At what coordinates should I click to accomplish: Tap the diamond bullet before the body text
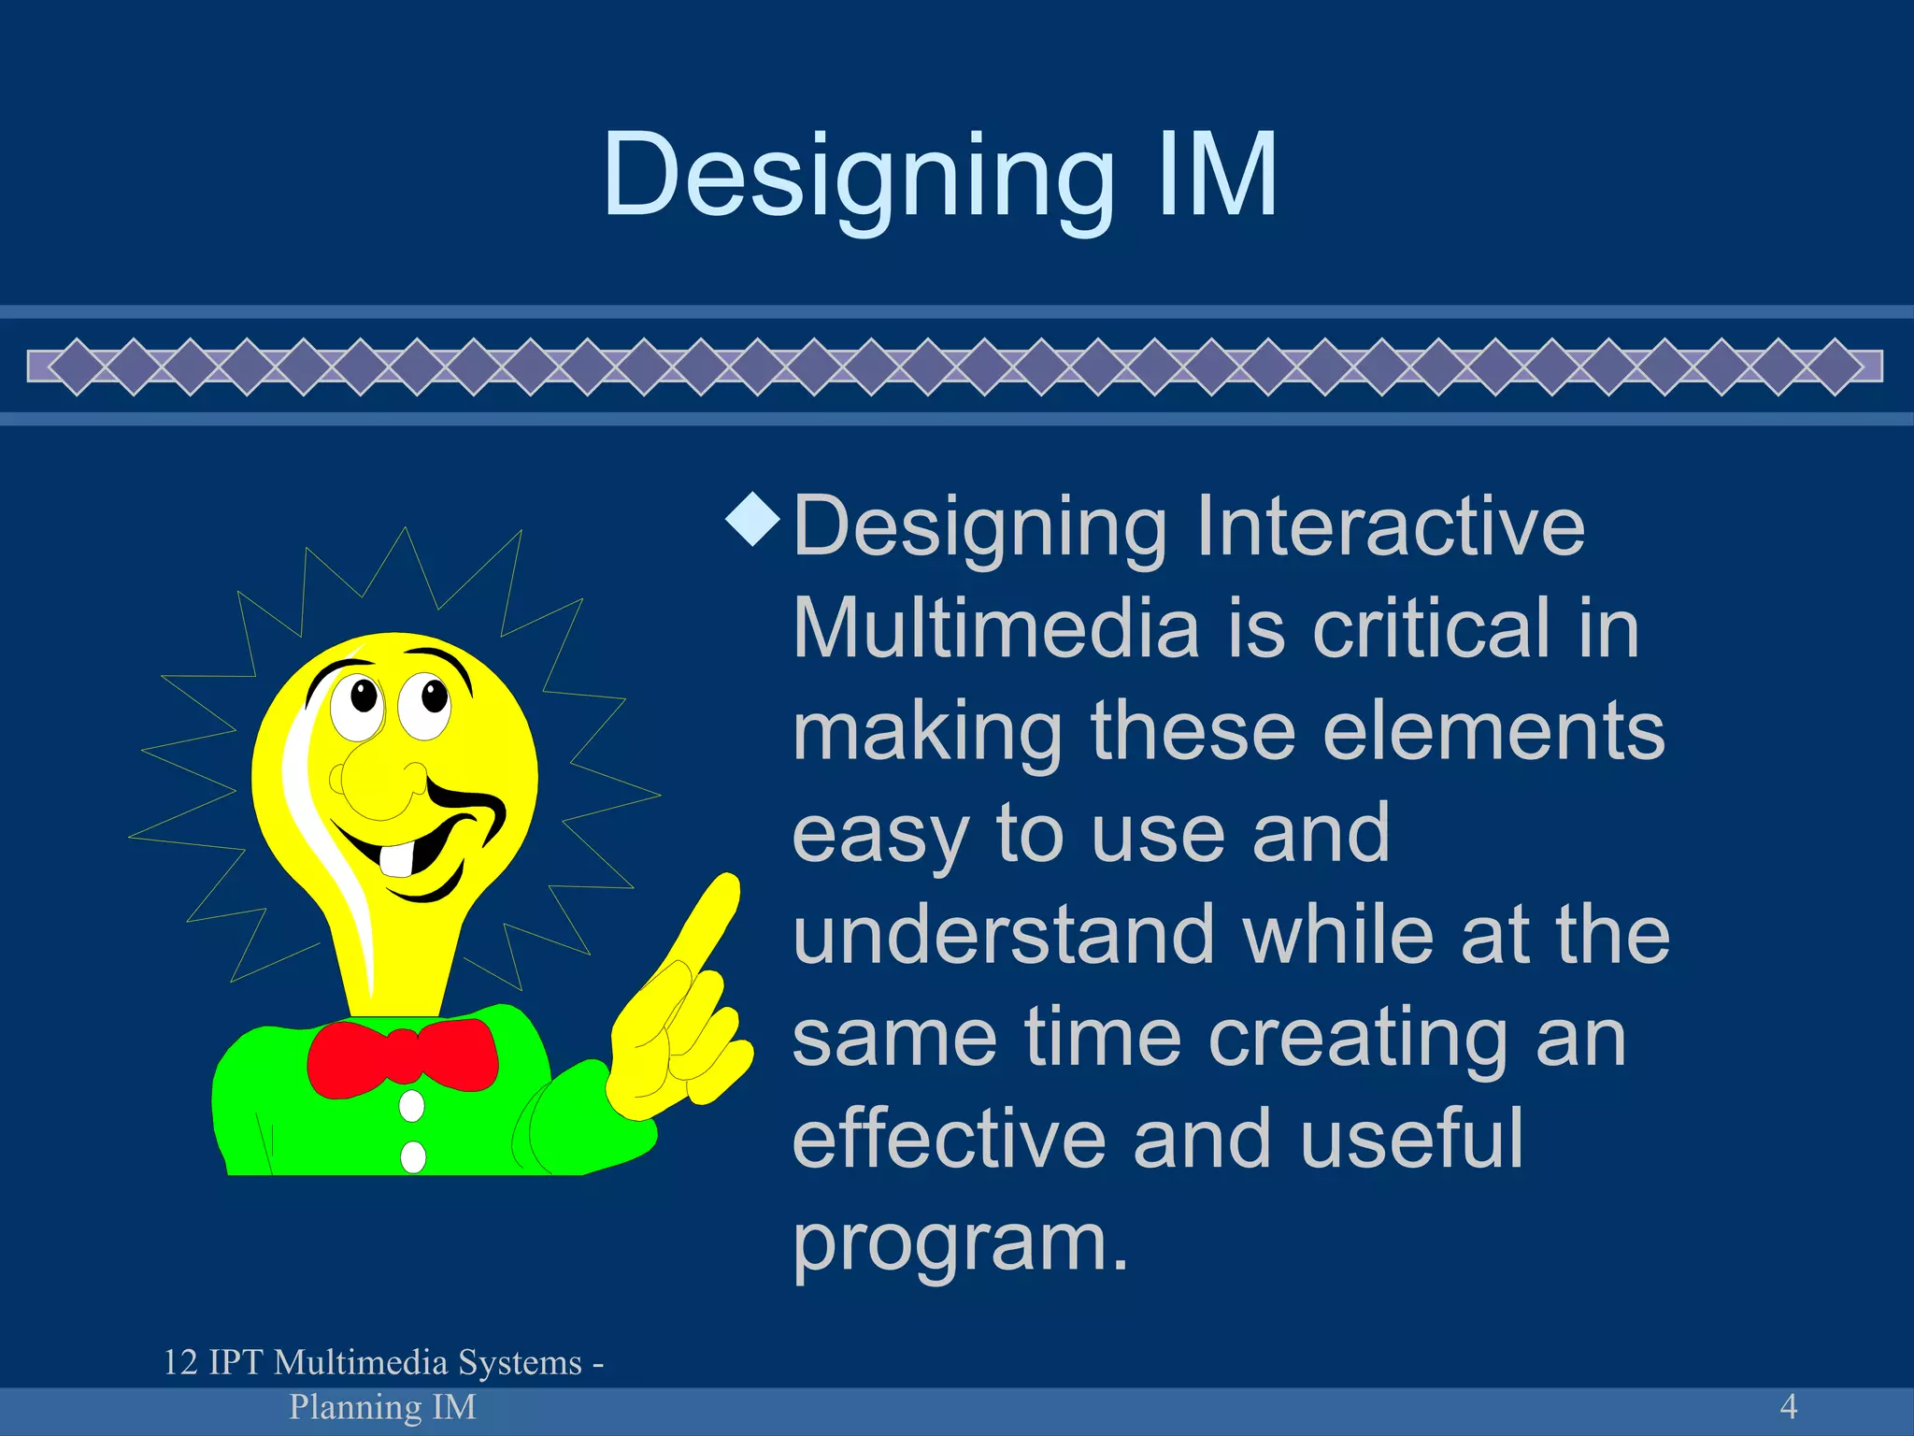753,520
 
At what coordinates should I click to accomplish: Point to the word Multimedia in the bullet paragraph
995,629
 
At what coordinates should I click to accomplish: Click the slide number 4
1788,1406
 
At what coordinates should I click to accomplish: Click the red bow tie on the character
402,1057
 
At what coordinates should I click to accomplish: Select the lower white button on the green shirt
412,1156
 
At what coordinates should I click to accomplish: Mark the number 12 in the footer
180,1363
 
